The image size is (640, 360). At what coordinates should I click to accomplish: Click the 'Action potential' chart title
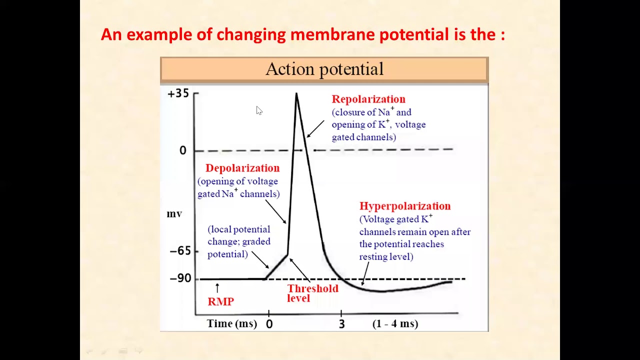click(324, 69)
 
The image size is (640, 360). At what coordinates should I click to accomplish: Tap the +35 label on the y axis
click(178, 93)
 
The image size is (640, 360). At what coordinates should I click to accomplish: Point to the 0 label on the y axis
click(183, 150)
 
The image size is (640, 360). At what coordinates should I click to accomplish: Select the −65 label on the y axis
click(180, 250)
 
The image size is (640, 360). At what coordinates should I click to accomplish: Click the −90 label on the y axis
click(180, 278)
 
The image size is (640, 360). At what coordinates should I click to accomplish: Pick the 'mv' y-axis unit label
click(174, 214)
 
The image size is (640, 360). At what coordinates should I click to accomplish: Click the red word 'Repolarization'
click(368, 99)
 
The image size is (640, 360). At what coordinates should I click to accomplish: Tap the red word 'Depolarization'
click(242, 168)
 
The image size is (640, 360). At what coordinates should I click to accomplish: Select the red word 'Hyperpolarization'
click(405, 206)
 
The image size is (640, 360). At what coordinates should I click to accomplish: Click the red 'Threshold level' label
click(312, 293)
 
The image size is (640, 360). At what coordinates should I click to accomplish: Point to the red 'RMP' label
click(220, 301)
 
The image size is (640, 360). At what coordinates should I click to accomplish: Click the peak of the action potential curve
click(296, 94)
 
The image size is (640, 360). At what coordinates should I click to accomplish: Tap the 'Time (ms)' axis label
click(232, 323)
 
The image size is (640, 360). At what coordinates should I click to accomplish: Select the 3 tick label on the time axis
click(341, 324)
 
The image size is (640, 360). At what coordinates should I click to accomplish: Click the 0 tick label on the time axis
click(269, 324)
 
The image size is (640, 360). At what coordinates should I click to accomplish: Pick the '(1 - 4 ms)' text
click(395, 323)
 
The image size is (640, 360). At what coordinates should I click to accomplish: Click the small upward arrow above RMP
click(217, 287)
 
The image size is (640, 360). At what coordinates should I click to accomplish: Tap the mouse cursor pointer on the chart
click(259, 110)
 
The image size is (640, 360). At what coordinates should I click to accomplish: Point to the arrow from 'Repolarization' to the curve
click(315, 128)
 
